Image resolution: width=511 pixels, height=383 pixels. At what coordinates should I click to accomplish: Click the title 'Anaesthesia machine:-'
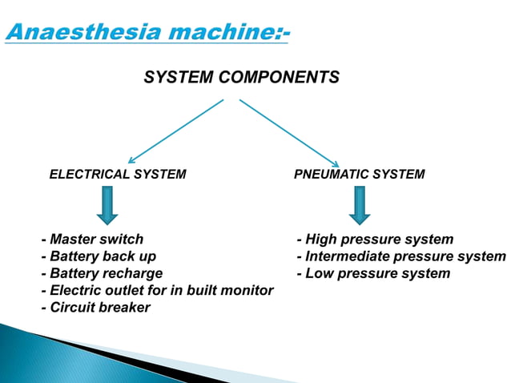(x=147, y=33)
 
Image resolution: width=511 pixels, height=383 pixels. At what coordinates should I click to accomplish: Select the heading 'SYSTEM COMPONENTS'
(x=241, y=78)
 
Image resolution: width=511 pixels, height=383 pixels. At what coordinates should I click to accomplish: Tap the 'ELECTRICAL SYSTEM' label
(x=118, y=174)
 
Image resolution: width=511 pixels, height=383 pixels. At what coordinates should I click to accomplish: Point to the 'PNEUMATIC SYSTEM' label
(x=360, y=174)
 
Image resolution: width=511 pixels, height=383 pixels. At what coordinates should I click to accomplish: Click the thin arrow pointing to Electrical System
(x=175, y=131)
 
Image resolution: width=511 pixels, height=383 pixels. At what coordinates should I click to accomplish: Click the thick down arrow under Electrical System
(x=107, y=205)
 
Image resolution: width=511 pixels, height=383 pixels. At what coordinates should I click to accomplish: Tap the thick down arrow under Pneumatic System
(x=360, y=205)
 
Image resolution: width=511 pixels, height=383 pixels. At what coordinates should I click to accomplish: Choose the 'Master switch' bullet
(x=92, y=240)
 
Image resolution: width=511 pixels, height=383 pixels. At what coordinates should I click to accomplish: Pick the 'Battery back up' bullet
(x=99, y=256)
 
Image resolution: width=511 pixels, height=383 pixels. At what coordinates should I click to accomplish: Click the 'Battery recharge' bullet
(x=102, y=273)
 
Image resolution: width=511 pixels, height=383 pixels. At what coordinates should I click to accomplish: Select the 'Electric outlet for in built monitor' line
(x=157, y=290)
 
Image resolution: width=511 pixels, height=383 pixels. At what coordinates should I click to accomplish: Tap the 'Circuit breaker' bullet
(x=95, y=308)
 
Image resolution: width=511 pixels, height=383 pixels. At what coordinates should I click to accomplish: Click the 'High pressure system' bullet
(x=375, y=240)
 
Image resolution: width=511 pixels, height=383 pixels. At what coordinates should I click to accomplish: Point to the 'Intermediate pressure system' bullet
(x=400, y=256)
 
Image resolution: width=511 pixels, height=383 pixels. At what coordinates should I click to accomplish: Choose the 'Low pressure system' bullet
(x=373, y=273)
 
